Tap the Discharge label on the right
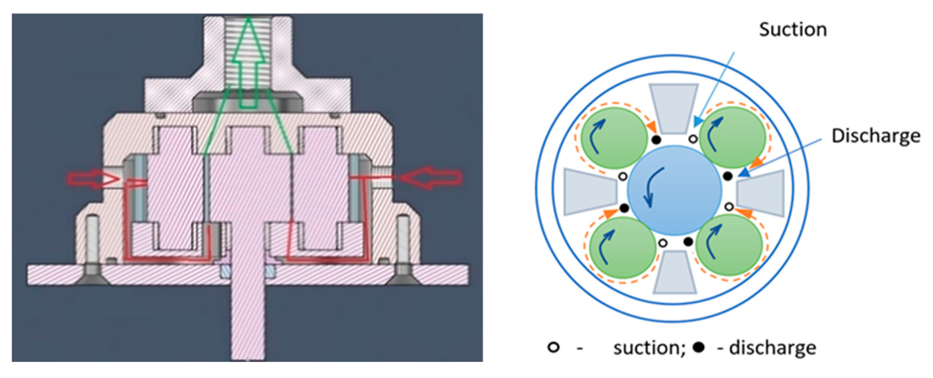pos(876,136)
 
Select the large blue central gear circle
pos(674,190)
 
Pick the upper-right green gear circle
pos(732,137)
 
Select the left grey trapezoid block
pos(590,192)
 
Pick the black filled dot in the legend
pos(699,348)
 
